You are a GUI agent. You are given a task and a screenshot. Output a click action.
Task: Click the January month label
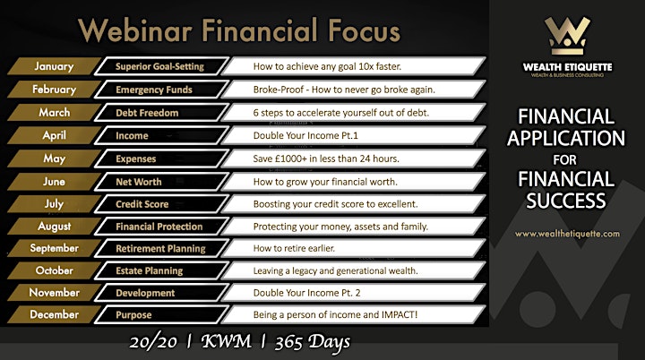[54, 66]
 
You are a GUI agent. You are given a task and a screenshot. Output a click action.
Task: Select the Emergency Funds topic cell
[161, 90]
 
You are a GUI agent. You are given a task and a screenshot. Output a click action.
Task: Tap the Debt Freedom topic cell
[161, 113]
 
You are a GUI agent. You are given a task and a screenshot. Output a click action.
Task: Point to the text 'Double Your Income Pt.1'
[305, 136]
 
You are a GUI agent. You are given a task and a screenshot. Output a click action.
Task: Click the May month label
[54, 159]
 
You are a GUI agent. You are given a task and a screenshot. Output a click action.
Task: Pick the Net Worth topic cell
[161, 182]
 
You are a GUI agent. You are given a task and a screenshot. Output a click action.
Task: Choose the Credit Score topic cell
[161, 204]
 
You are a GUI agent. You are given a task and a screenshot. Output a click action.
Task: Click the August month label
[54, 227]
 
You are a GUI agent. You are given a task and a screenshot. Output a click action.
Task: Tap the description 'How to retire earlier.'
[294, 248]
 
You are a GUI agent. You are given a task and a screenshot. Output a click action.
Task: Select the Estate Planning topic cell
[161, 270]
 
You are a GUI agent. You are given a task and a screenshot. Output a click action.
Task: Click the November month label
[54, 293]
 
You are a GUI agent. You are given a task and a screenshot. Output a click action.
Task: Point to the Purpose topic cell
[161, 314]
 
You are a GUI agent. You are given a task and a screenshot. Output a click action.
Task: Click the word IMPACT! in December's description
[400, 314]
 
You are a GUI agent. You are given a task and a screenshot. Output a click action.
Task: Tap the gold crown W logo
[567, 36]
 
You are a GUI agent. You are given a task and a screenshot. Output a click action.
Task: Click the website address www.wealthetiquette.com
[567, 234]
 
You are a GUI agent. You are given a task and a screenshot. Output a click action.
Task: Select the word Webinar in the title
[135, 30]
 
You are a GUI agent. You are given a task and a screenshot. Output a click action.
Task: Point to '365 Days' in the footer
[313, 342]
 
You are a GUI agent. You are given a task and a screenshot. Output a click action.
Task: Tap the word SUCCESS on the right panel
[566, 201]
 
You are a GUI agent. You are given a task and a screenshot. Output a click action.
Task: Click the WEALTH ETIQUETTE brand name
[567, 67]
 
